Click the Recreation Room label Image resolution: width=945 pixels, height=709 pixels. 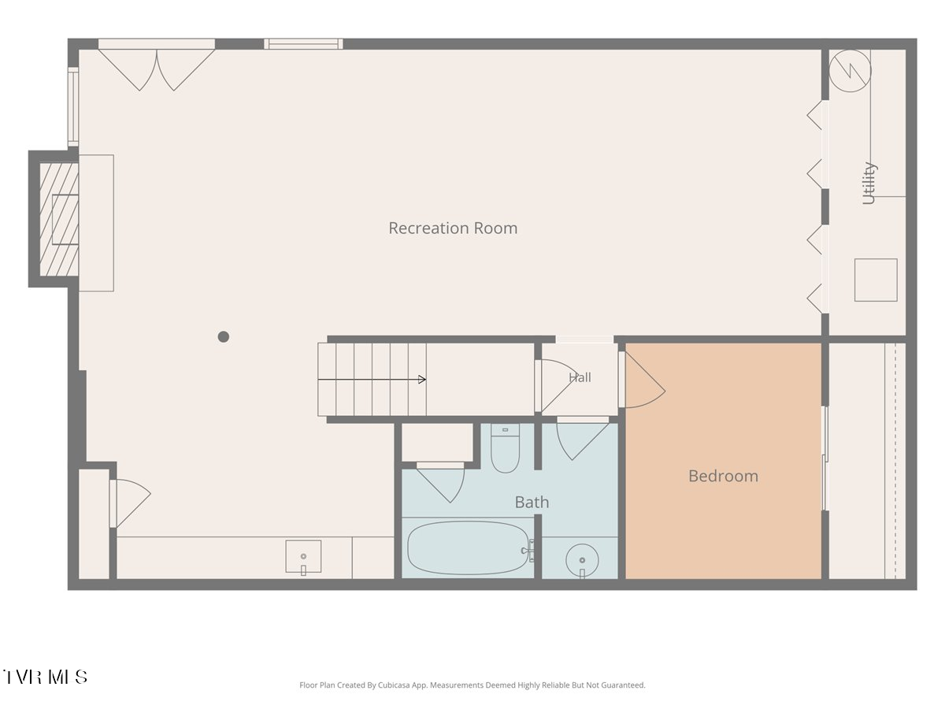click(x=453, y=228)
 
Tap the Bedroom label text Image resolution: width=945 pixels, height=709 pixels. click(x=723, y=476)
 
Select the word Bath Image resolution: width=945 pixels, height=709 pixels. click(x=532, y=502)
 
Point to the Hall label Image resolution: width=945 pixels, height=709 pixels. click(x=580, y=377)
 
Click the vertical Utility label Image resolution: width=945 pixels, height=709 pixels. click(x=869, y=183)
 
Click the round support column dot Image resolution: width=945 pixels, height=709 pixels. click(x=223, y=336)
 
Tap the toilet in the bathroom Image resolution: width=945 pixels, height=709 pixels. click(x=505, y=448)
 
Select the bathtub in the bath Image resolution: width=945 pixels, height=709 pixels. click(x=468, y=548)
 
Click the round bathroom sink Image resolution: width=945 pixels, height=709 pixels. click(x=582, y=560)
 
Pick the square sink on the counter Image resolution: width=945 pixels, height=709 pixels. click(x=303, y=556)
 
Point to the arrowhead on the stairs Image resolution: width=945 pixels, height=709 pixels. click(x=423, y=379)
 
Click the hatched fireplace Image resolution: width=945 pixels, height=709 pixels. click(x=59, y=219)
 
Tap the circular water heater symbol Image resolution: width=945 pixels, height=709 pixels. click(x=850, y=71)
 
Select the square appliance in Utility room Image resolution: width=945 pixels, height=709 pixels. click(x=876, y=280)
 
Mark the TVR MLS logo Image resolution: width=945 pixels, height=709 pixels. click(x=45, y=677)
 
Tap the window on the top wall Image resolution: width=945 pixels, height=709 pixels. click(x=303, y=44)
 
